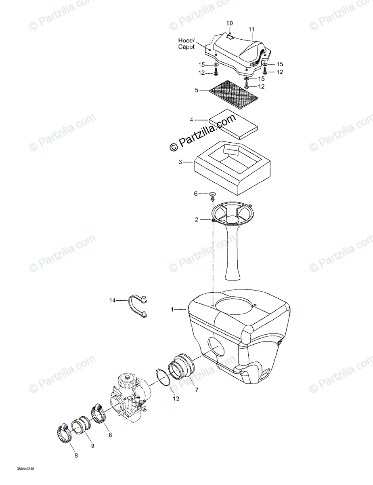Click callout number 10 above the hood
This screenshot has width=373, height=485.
[x=229, y=23]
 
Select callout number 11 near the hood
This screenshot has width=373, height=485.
[x=251, y=30]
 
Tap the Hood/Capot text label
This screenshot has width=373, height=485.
[x=186, y=44]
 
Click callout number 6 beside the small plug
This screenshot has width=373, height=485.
[x=196, y=194]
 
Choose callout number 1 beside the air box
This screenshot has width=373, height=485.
[x=172, y=310]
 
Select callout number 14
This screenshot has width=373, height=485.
[x=112, y=300]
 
